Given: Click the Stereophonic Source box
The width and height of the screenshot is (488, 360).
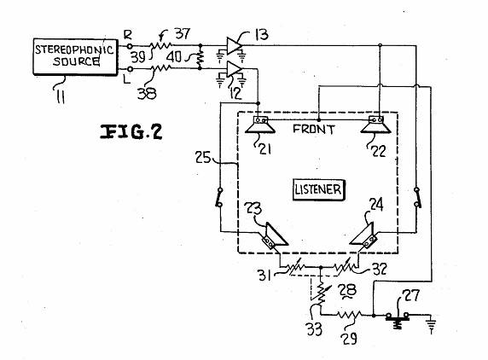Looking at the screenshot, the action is (75, 56).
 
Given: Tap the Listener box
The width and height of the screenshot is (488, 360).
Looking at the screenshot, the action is (319, 189).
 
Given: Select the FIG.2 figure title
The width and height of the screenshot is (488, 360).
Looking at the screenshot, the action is (131, 131).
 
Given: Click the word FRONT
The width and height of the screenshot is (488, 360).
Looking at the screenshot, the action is (313, 129).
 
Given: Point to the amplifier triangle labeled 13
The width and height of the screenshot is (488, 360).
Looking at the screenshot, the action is (234, 46).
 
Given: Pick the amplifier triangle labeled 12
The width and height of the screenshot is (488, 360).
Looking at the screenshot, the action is (234, 69).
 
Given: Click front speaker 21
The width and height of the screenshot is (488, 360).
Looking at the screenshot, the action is (260, 125).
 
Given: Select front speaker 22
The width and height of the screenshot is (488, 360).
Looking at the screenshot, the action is (375, 125).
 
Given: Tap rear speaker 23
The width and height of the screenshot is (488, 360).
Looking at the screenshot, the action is (275, 235).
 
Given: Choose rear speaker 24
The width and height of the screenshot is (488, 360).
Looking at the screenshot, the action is (363, 235).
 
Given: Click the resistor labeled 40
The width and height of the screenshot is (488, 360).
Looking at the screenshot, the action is (200, 57).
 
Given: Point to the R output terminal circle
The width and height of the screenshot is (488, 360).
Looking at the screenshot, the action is (130, 46).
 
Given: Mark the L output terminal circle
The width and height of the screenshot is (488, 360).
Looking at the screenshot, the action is (131, 69).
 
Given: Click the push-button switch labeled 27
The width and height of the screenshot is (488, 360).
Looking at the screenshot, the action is (398, 319).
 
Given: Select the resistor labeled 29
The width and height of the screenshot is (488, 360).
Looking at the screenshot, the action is (350, 315).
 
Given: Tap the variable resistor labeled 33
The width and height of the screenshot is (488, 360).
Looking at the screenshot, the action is (321, 293).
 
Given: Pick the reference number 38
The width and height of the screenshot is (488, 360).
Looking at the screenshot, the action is (147, 93).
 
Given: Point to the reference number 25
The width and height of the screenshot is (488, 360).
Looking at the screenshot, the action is (203, 157).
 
